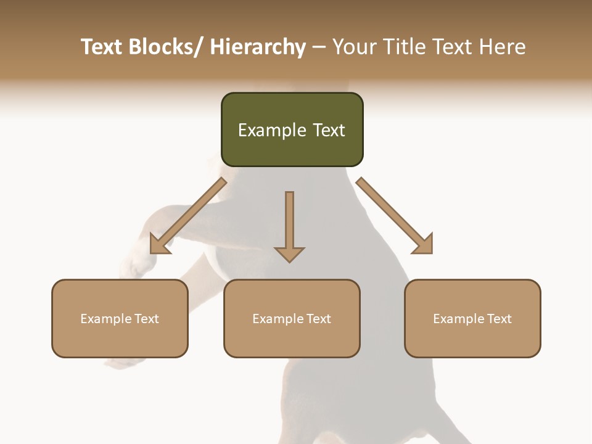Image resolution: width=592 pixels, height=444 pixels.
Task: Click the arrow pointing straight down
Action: [289, 225]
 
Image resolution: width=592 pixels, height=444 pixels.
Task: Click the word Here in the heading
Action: [502, 47]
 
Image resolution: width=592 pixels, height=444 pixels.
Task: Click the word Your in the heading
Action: [354, 47]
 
